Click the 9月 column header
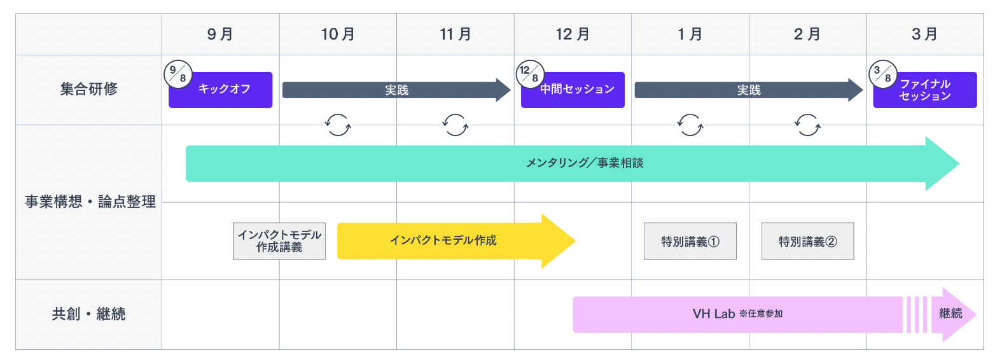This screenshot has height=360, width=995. (x=220, y=34)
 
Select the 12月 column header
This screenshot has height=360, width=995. (x=573, y=34)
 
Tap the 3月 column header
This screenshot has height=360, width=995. (x=924, y=34)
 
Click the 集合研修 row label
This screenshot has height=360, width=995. (x=88, y=89)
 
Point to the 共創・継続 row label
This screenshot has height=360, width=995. (x=88, y=314)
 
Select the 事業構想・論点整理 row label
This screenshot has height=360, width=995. (x=90, y=202)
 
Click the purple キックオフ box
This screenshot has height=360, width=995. (x=224, y=90)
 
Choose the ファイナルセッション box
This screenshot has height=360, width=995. (x=926, y=90)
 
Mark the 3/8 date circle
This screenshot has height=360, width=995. (x=881, y=74)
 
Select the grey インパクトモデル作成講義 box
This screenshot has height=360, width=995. (x=279, y=241)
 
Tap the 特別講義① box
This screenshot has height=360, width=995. (x=690, y=241)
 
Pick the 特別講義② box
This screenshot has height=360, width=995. (x=807, y=241)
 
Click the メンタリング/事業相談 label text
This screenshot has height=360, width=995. (x=585, y=163)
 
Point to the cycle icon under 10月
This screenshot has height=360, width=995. (x=338, y=125)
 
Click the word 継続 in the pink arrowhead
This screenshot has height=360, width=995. (x=950, y=314)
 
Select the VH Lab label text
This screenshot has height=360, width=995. (x=714, y=314)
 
